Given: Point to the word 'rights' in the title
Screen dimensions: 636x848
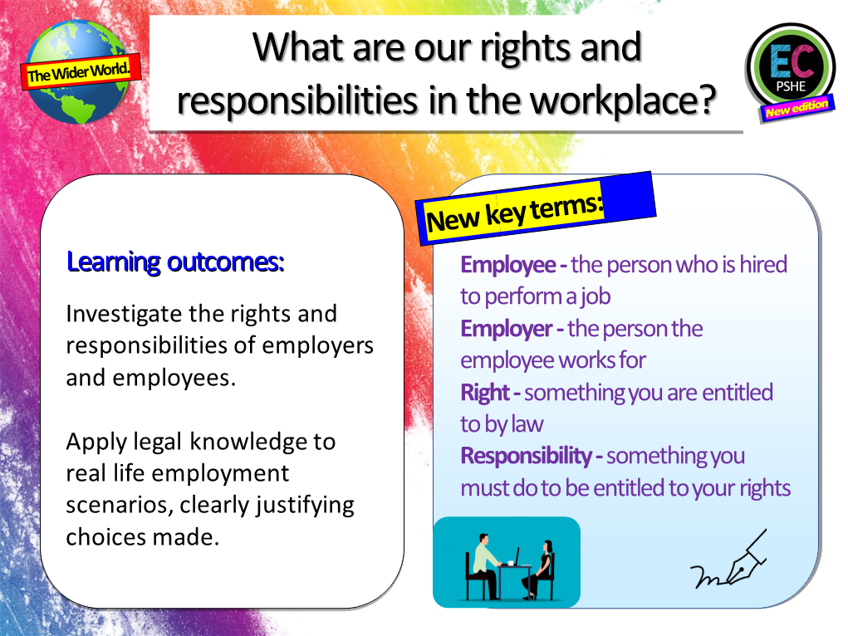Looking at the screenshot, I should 507,47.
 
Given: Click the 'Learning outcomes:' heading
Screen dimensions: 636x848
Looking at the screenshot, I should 175,262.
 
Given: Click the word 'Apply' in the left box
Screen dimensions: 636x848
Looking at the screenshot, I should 92,442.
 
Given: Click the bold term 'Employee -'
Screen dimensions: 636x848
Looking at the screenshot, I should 513,265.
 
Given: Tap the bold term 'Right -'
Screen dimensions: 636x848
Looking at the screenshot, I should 490,392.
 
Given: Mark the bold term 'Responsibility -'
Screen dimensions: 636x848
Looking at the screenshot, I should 532,456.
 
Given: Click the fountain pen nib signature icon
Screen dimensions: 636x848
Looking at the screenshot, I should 729,562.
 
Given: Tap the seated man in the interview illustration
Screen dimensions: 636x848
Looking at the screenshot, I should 483,560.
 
